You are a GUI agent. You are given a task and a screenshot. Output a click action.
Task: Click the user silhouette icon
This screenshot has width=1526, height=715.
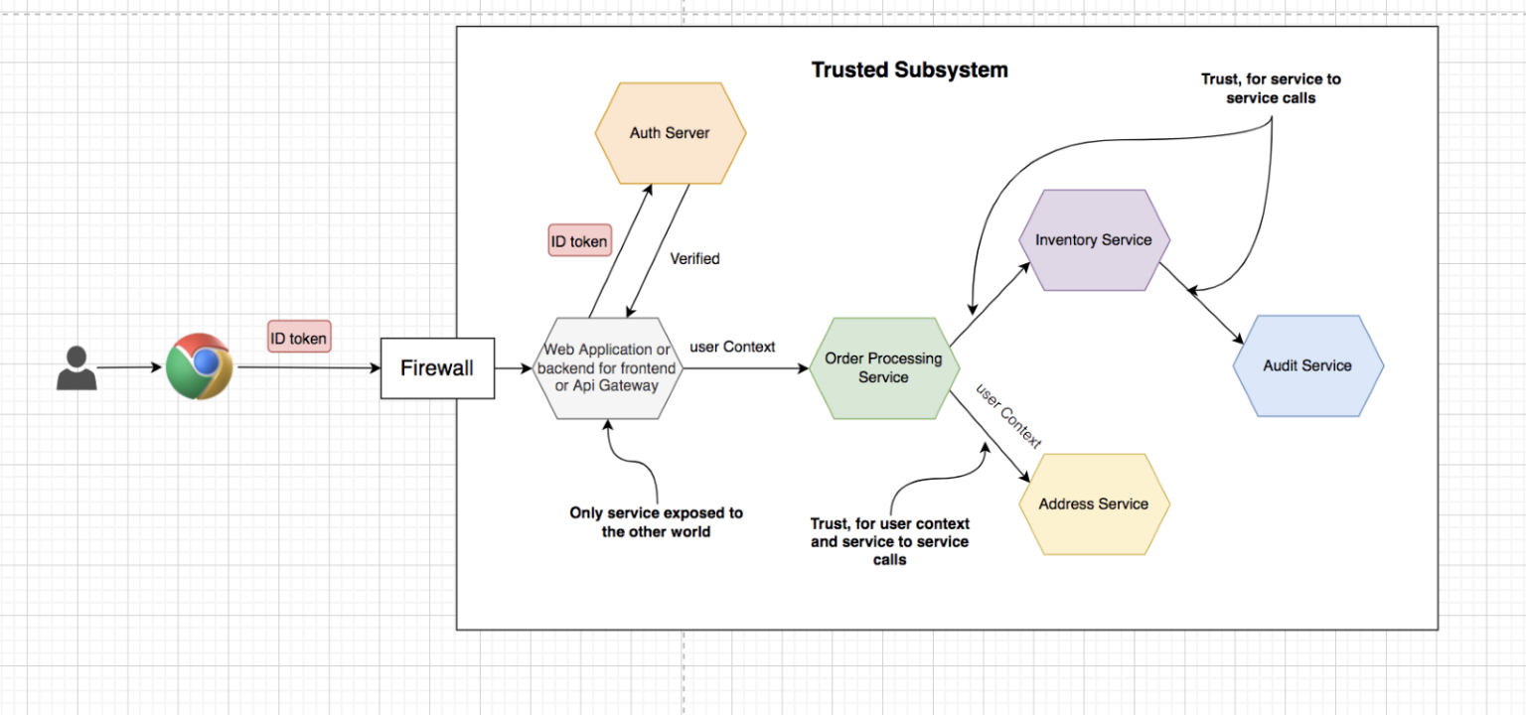pos(76,367)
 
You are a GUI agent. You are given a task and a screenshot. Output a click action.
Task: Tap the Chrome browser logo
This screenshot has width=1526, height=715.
pos(199,366)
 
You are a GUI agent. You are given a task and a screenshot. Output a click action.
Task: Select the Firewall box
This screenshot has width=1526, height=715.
pos(437,368)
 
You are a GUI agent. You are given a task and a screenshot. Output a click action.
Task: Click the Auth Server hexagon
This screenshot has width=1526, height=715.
pos(670,133)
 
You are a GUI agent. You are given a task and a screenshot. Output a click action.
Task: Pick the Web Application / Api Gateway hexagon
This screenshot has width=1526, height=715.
pos(607,368)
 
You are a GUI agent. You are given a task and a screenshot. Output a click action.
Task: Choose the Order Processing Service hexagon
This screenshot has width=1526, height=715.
pos(883,368)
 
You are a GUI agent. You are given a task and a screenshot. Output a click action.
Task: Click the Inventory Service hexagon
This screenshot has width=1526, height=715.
pos(1093,240)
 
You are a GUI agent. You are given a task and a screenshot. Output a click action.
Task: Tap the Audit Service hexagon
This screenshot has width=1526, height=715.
pos(1307,365)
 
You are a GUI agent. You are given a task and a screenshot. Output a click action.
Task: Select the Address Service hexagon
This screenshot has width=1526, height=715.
pos(1094,504)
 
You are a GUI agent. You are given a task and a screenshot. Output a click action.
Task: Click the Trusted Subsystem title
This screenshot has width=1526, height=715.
pos(909,71)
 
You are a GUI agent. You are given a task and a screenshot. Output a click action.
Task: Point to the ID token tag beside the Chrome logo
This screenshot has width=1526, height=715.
pos(299,339)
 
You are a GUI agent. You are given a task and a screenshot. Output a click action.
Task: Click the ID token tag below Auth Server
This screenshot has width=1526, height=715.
pos(580,240)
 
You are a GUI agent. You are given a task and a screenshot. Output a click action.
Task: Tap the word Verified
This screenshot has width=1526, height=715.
pos(694,259)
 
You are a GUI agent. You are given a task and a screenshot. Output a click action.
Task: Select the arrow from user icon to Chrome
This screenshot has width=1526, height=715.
pos(129,367)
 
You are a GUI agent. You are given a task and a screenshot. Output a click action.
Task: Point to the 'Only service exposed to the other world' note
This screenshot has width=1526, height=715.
pos(656,522)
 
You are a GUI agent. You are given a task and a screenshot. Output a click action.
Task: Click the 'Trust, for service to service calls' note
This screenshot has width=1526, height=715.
pos(1271,88)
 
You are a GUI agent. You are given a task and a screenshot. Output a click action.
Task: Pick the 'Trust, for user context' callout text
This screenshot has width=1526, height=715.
pos(889,541)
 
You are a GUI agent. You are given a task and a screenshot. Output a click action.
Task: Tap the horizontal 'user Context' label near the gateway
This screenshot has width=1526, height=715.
pos(732,347)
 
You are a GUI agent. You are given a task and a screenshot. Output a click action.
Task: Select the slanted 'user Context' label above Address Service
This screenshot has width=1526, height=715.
pos(1008,415)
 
